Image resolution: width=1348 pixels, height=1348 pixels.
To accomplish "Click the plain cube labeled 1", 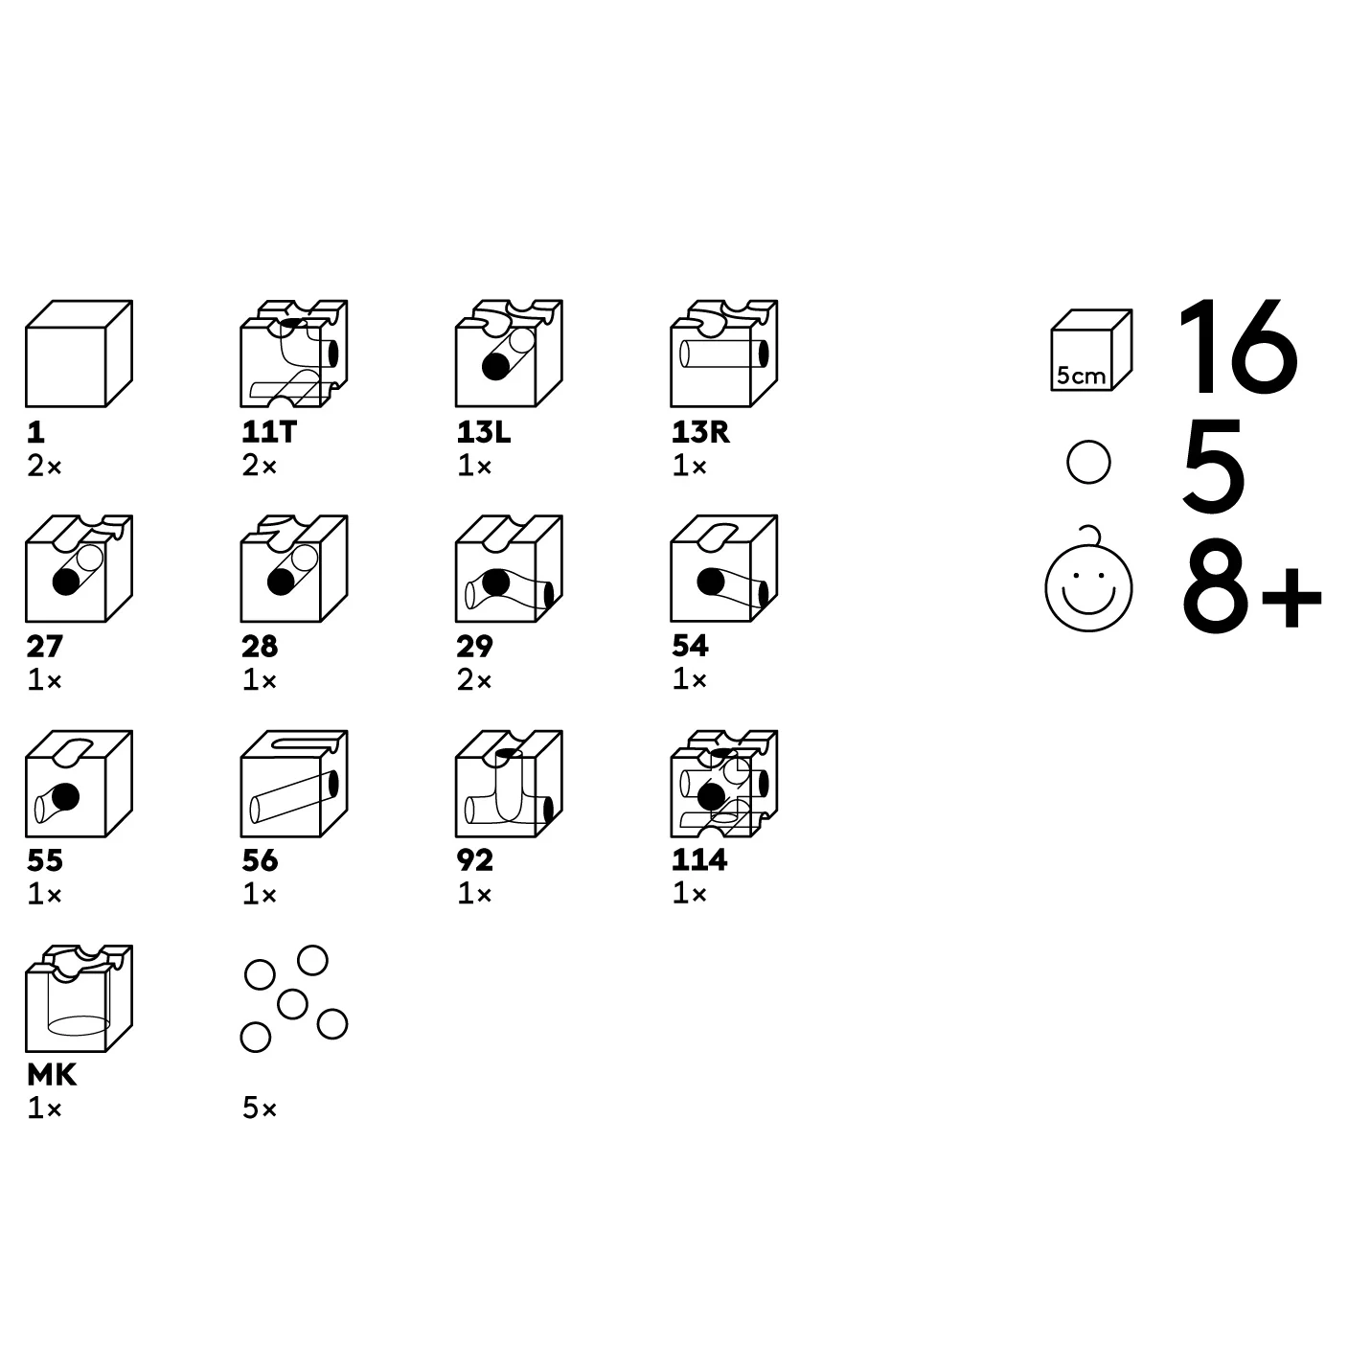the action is [x=80, y=354].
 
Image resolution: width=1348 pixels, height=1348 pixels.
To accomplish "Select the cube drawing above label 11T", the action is [x=294, y=354].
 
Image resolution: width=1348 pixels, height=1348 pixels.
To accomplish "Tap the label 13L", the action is [x=484, y=432].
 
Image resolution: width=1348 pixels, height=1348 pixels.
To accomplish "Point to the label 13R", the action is [x=700, y=432].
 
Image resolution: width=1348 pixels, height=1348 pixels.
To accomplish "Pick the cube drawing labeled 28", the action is [x=294, y=569].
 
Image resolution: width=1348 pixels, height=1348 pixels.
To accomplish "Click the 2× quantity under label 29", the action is [x=474, y=680].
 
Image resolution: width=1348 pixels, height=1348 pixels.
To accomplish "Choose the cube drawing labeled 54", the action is [x=724, y=569].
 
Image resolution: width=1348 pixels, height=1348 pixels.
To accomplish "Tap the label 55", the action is [x=45, y=860].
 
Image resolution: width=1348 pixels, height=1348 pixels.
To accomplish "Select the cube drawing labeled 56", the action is [x=294, y=784].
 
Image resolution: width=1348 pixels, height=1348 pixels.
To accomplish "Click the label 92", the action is [x=475, y=860].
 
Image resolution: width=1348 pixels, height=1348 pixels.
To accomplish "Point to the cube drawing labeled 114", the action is [x=724, y=784].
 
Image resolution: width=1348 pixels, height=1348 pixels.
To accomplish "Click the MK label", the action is [x=52, y=1075].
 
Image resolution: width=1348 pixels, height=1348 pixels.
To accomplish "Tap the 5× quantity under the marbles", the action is [x=260, y=1108].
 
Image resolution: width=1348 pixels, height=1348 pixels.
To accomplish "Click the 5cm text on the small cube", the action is [x=1081, y=376].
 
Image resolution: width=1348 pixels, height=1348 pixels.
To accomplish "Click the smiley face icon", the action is [x=1088, y=587].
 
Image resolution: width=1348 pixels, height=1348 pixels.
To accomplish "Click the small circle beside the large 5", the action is [x=1088, y=462].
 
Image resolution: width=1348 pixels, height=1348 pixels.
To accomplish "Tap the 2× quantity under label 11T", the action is [x=260, y=466].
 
